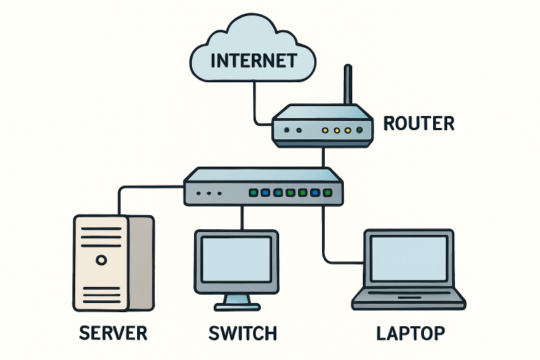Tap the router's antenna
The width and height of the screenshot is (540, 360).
coord(347,84)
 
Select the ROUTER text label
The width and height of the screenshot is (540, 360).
coord(418,124)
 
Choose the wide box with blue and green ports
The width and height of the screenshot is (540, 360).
coord(264,187)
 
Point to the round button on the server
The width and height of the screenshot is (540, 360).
coord(101,259)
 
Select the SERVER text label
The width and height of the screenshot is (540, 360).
coord(113,332)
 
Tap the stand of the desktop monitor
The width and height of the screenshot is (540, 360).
coord(236,301)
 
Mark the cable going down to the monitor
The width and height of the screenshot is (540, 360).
coord(242,217)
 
